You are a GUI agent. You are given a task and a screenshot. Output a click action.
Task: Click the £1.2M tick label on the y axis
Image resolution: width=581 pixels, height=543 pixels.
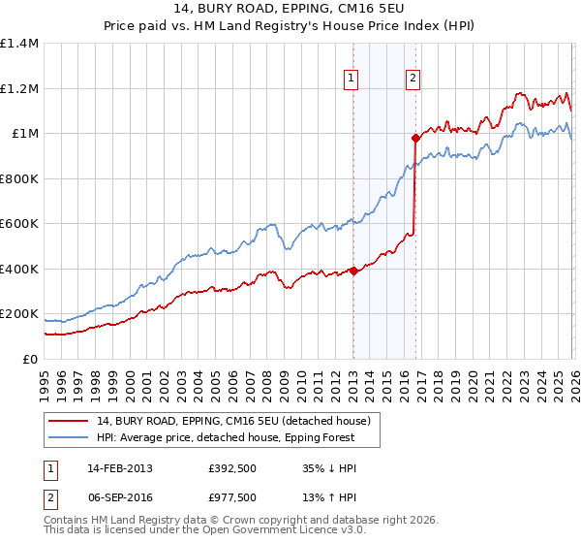coord(19,88)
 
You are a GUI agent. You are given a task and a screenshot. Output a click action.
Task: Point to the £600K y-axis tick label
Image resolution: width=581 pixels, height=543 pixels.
coord(19,224)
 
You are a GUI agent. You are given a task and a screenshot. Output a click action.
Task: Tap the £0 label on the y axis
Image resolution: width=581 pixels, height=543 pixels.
coord(29,360)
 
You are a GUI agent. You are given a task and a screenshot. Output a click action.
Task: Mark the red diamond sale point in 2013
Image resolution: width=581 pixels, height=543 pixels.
coord(353,271)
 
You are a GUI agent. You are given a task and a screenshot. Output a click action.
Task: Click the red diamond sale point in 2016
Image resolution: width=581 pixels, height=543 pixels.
coord(415,138)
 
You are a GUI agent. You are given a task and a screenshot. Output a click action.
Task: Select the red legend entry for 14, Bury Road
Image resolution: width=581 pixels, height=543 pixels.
coord(233,420)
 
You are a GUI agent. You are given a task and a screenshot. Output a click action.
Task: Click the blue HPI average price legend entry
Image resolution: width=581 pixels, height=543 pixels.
coord(226,437)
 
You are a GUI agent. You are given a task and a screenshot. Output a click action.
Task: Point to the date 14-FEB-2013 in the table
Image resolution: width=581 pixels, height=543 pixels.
coord(120,467)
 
